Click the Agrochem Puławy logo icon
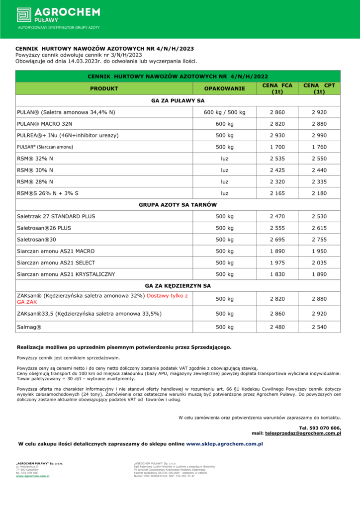pos(24,14)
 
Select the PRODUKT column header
pos(104,88)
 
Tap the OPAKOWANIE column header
pos(225,88)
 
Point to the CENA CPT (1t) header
pos(319,88)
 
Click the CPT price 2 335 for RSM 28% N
pos(319,181)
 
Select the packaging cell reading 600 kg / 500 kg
pos(225,112)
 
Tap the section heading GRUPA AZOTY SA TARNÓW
pos(178,205)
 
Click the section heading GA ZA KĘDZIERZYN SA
pos(178,286)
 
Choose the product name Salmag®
pos(29,327)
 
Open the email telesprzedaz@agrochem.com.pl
pos(303,433)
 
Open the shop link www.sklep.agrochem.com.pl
pos(224,443)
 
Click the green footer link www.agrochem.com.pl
pos(32,476)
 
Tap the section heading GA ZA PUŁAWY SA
pos(178,100)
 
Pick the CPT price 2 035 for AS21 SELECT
pos(319,262)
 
